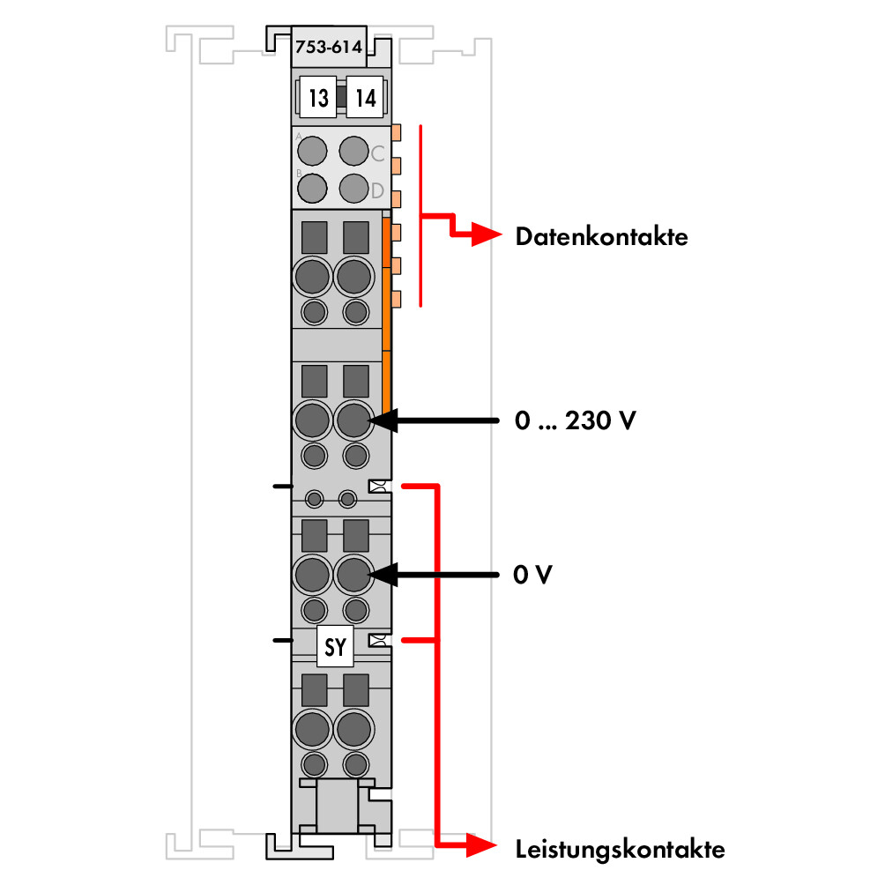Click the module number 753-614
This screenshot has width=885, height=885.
click(329, 47)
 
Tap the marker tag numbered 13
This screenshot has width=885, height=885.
click(318, 97)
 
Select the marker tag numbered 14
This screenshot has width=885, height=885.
click(365, 97)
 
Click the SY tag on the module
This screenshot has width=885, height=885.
click(335, 646)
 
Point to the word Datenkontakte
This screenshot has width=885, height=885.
click(602, 236)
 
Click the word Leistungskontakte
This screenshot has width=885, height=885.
click(621, 850)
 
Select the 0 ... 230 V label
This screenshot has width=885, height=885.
click(575, 420)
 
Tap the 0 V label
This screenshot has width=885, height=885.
click(532, 575)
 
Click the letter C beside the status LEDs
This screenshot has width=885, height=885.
click(377, 153)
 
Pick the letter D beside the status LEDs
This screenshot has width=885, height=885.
click(377, 190)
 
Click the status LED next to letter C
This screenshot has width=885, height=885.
click(353, 151)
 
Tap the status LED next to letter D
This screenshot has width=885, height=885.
click(353, 188)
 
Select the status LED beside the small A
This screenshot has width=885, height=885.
click(312, 151)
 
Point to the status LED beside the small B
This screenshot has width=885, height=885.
click(312, 188)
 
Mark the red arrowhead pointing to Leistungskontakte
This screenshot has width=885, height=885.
click(482, 845)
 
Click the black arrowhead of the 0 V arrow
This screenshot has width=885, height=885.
click(383, 575)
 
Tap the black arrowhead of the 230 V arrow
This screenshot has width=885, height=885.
click(383, 420)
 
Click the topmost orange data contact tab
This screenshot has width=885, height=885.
click(396, 132)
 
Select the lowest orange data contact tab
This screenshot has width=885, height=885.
click(396, 299)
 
